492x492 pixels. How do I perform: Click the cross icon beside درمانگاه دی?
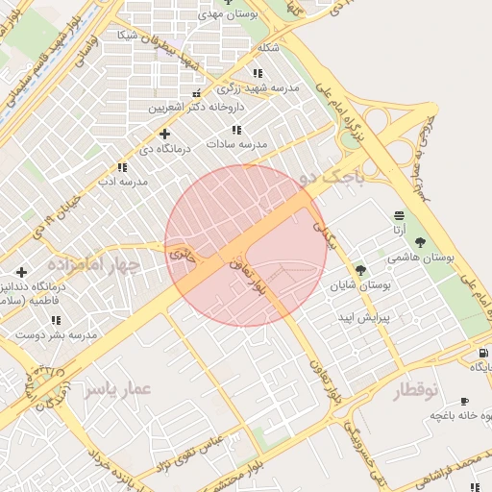(x=164, y=134)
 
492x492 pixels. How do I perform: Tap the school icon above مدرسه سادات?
(x=236, y=129)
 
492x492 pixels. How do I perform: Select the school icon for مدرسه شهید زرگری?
(x=257, y=73)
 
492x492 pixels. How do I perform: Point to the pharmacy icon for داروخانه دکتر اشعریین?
(x=197, y=93)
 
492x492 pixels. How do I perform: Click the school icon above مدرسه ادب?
(x=121, y=166)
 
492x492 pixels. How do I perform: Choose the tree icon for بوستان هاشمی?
(x=419, y=242)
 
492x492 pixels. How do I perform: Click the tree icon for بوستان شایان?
(x=360, y=270)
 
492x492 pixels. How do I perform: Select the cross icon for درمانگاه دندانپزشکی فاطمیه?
(x=21, y=272)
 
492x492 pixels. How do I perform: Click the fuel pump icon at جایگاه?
(x=482, y=353)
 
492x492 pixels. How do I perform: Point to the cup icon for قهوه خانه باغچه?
(x=465, y=401)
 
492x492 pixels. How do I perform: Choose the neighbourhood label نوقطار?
(x=416, y=389)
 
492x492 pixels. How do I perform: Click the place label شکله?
(x=268, y=47)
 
